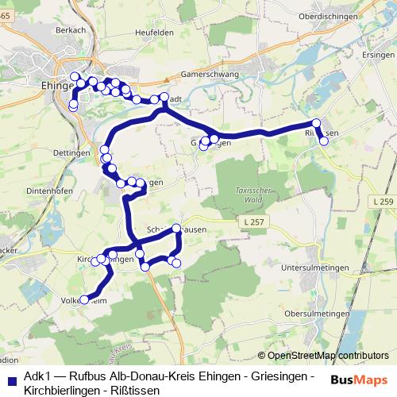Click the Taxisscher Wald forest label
pyautogui.click(x=252, y=194)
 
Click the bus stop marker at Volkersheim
pyautogui.click(x=84, y=299)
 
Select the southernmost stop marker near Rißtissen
pyautogui.click(x=323, y=141)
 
